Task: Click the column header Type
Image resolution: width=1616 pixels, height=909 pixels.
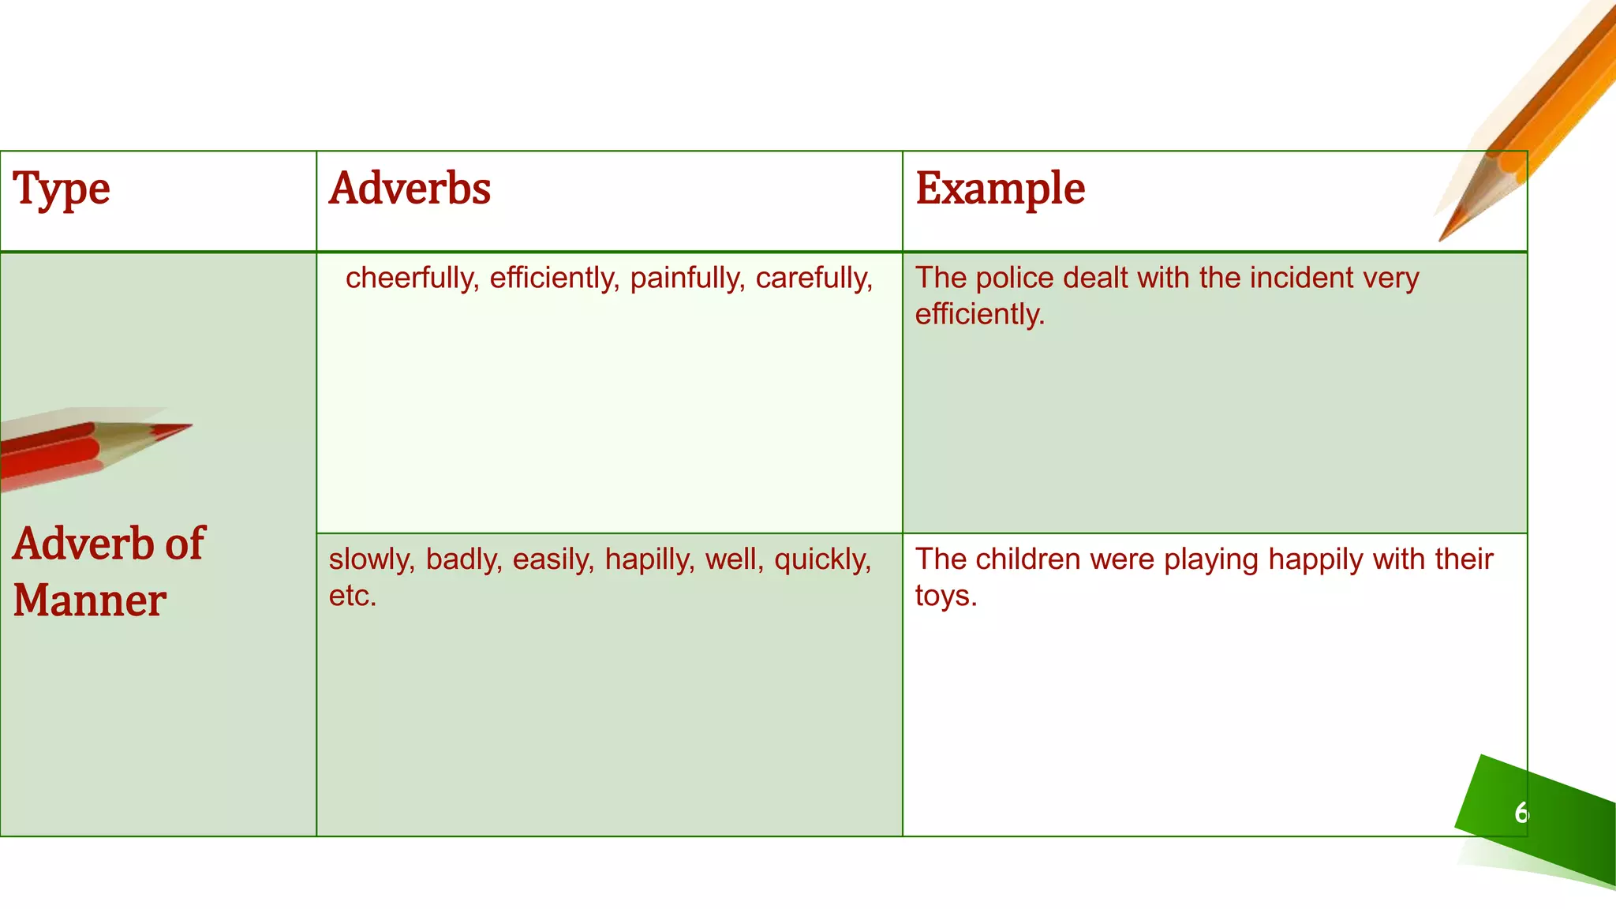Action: coord(61,189)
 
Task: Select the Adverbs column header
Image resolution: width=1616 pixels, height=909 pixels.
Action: coord(410,189)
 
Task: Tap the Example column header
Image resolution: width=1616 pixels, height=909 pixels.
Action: coord(1000,189)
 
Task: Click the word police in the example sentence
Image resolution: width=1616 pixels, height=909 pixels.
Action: coord(1017,278)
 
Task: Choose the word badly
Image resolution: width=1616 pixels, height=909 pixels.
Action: coord(464,559)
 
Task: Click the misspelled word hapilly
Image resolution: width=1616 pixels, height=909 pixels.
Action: coord(649,559)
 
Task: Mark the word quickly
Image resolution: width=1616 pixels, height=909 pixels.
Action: coord(822,559)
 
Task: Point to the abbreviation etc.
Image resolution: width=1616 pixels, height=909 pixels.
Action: coord(352,596)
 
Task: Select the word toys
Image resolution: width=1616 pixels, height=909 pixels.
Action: coord(945,596)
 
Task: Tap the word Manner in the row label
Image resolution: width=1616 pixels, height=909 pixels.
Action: coord(89,600)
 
